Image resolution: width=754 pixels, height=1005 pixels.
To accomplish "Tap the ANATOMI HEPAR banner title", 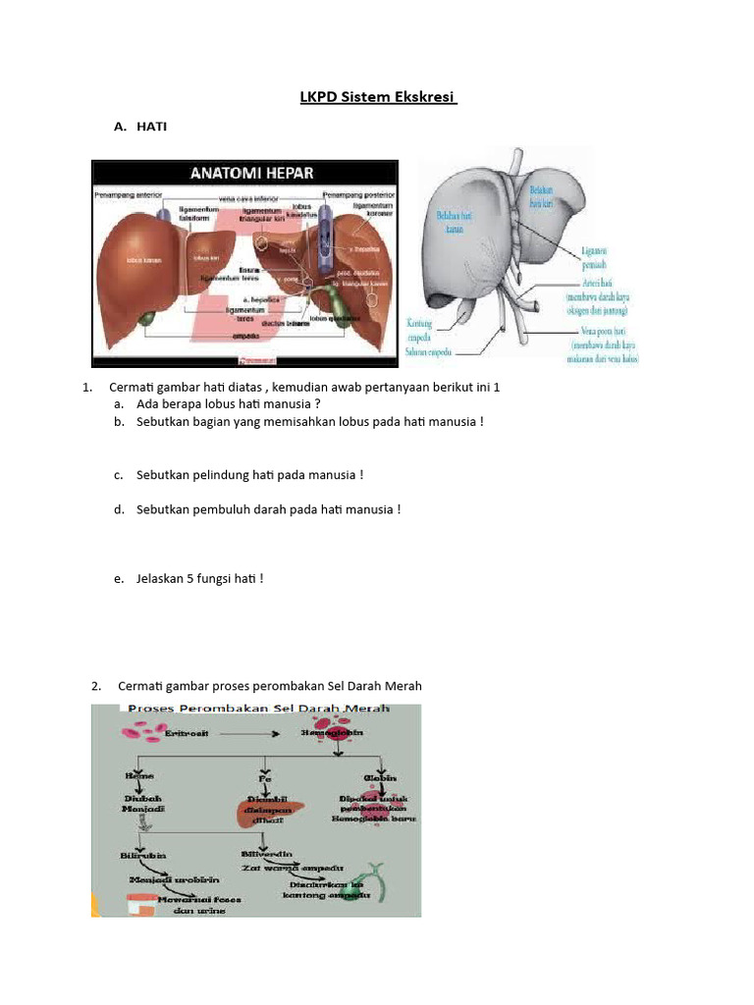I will [x=251, y=174].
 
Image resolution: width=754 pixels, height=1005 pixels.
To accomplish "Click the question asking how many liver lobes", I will [x=229, y=404].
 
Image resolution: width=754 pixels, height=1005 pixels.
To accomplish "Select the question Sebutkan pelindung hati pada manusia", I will [x=250, y=475].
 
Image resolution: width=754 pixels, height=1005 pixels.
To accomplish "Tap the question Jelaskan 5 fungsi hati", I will [x=201, y=579].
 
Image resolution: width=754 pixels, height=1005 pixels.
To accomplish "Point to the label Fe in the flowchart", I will [x=264, y=777].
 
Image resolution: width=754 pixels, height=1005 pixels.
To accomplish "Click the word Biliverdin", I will [x=267, y=854].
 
